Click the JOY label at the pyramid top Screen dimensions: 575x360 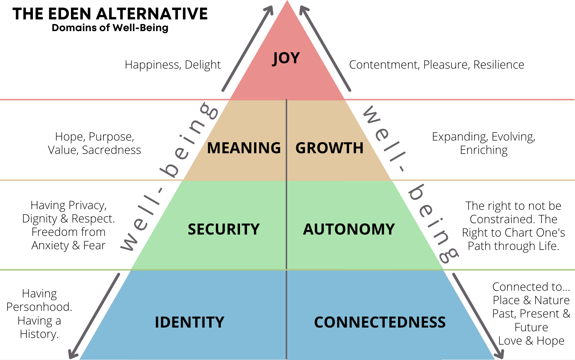click(x=286, y=58)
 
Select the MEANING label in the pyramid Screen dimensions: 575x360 click(x=244, y=148)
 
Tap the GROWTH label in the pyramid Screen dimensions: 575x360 click(x=329, y=148)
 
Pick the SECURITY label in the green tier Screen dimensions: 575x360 click(x=224, y=230)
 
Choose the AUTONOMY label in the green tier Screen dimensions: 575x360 click(x=349, y=230)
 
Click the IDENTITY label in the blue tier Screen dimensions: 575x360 click(x=189, y=323)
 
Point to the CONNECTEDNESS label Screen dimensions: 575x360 click(x=380, y=323)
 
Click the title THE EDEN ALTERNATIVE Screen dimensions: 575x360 click(x=110, y=14)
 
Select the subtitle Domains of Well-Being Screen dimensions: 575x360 click(x=110, y=28)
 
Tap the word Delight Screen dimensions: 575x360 click(x=202, y=65)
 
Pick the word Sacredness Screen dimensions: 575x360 click(x=111, y=150)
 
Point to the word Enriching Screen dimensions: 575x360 click(x=484, y=150)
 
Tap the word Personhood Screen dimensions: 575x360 click(x=39, y=307)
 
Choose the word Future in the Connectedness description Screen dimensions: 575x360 click(x=531, y=327)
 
